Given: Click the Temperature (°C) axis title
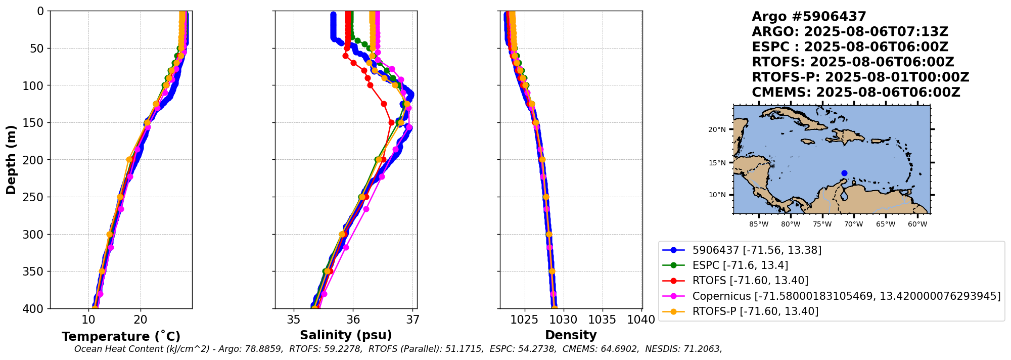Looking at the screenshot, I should (121, 337).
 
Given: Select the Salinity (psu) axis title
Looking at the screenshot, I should (346, 335).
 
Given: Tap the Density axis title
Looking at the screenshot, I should (571, 335).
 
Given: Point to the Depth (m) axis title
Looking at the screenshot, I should (11, 160).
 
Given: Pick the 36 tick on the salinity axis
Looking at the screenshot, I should (353, 320).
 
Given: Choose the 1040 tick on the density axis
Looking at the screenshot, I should (641, 320).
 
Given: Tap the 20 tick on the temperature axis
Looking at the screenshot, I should (141, 320).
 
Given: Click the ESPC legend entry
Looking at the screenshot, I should (740, 265).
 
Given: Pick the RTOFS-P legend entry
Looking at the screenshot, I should (755, 311).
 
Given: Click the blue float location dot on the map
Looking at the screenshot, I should (844, 173).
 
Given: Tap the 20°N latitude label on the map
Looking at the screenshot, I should (717, 130).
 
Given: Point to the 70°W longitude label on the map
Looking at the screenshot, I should (854, 224).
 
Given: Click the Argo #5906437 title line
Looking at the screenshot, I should (809, 17).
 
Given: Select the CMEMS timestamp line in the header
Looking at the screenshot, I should (856, 93).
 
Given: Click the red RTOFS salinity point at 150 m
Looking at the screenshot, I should (391, 122).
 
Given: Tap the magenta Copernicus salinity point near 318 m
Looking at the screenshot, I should (346, 247).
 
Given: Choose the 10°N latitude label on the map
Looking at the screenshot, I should (717, 195).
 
